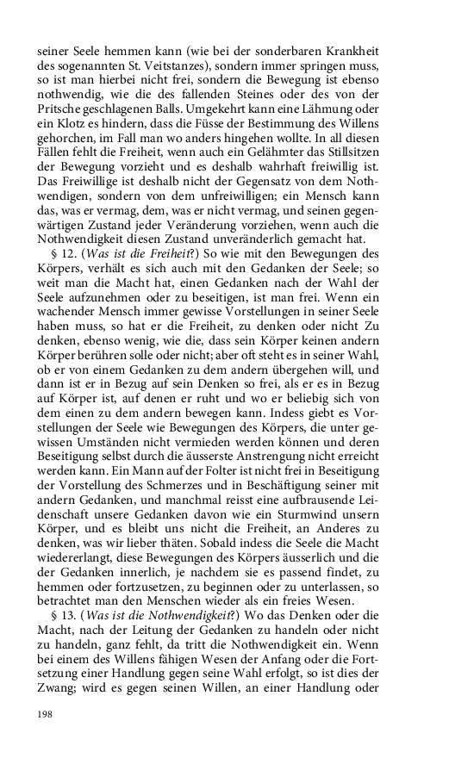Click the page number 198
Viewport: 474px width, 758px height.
coord(45,714)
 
